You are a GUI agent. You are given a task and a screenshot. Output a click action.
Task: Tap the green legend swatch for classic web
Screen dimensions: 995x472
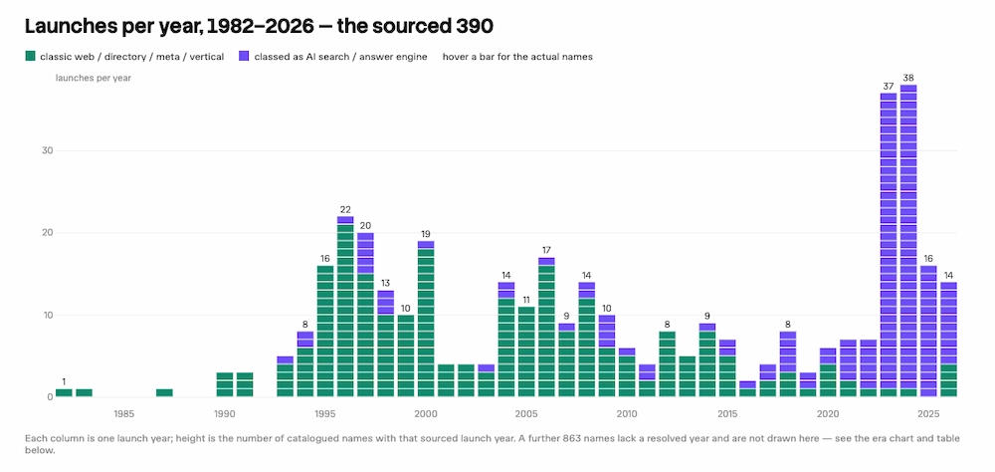point(30,56)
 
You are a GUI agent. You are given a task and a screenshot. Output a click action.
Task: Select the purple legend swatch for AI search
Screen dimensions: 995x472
point(245,56)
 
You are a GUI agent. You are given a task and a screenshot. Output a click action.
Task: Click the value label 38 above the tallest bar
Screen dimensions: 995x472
point(908,78)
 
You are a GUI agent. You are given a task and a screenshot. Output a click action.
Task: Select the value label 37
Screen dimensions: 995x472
point(889,87)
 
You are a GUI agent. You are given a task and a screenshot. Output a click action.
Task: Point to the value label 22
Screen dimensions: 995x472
point(345,210)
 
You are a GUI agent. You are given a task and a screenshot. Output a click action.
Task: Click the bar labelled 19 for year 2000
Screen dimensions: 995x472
point(426,319)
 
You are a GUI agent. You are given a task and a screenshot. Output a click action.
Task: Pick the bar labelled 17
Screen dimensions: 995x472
point(546,328)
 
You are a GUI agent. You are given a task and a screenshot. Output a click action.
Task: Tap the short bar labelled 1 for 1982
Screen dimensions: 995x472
point(64,392)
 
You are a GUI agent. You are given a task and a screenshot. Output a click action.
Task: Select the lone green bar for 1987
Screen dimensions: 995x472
point(164,392)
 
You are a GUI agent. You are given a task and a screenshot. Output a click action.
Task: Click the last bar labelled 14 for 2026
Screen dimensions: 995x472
point(948,340)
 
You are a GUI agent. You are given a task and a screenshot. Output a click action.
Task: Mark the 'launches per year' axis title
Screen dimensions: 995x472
point(94,78)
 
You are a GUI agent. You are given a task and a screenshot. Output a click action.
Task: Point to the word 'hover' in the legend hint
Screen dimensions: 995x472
point(455,57)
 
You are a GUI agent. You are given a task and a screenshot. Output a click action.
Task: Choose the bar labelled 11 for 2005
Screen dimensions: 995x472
point(526,352)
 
